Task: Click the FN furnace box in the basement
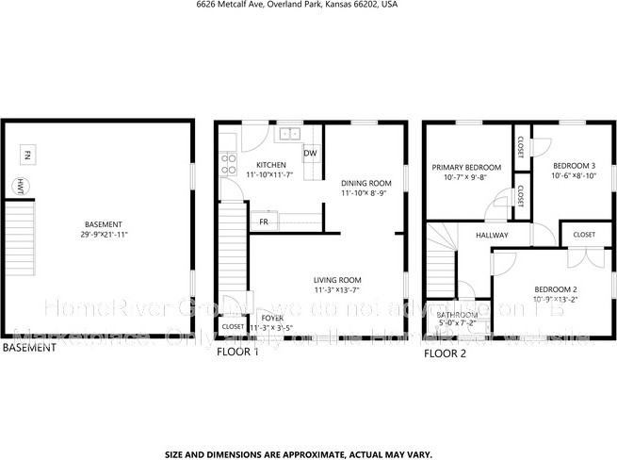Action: click(x=28, y=154)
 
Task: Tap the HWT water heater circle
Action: click(x=19, y=186)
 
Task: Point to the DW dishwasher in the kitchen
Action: click(x=310, y=153)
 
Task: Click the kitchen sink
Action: click(x=288, y=134)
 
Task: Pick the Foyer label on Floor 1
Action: click(x=272, y=318)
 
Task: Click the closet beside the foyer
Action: click(x=233, y=326)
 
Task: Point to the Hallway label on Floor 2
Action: click(x=492, y=235)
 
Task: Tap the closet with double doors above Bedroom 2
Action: click(x=584, y=235)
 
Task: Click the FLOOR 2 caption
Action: click(x=445, y=353)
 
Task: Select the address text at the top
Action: click(x=297, y=5)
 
